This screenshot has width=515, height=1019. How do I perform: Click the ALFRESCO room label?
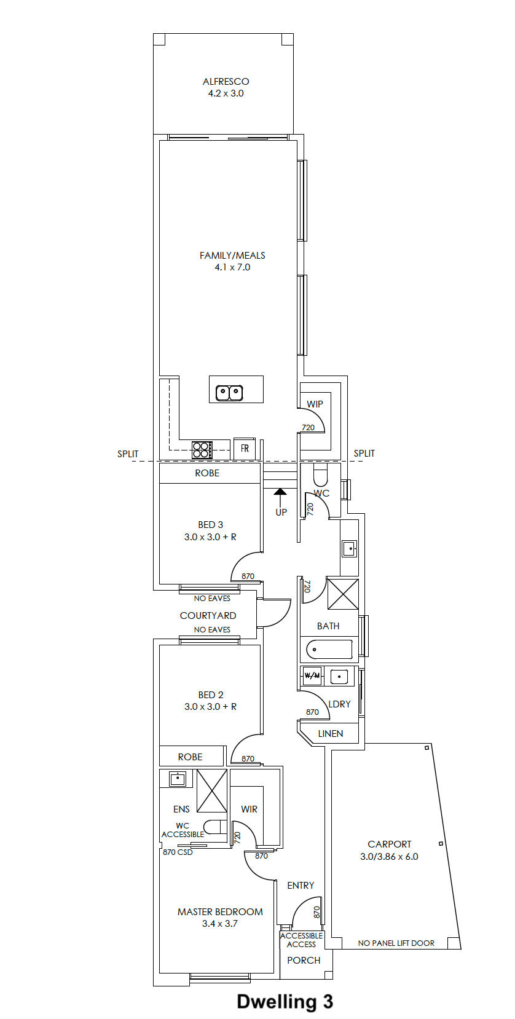[226, 81]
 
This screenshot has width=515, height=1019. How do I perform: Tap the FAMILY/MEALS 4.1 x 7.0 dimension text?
[232, 267]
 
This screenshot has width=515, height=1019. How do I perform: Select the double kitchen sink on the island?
[229, 393]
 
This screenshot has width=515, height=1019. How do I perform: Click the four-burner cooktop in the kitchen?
[202, 449]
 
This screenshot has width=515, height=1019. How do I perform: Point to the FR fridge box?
[245, 449]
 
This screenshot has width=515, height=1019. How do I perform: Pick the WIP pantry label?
[315, 404]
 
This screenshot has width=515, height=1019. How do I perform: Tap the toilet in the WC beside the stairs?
[321, 475]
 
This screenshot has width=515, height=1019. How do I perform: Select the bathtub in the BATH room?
[329, 649]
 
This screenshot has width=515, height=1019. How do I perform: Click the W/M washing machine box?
[312, 675]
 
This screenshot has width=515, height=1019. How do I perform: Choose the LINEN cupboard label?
[331, 733]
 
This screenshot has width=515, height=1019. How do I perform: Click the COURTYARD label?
[208, 615]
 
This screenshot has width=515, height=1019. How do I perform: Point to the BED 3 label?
[210, 524]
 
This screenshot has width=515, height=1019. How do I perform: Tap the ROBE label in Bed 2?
[190, 757]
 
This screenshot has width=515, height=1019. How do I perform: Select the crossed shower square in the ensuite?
[211, 790]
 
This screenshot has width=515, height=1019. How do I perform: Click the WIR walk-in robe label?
[250, 809]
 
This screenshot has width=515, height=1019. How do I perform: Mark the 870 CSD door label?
[178, 852]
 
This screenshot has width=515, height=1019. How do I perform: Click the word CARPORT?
[390, 844]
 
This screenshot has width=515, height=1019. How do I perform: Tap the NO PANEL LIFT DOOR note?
[396, 943]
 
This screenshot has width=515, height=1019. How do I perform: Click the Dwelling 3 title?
[285, 1001]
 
